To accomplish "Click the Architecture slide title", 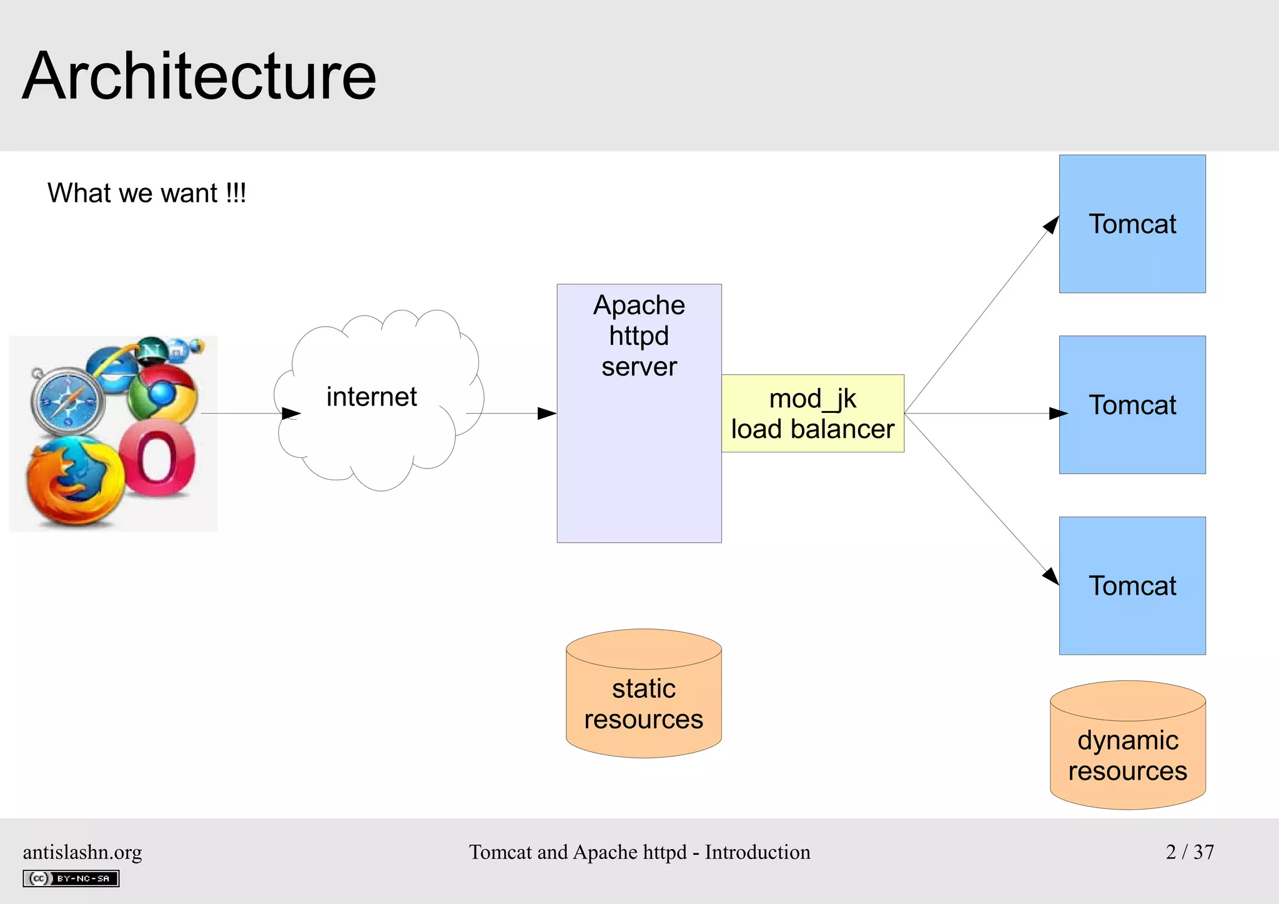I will coord(199,76).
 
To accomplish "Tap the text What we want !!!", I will coord(147,192).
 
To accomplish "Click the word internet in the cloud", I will coord(372,397).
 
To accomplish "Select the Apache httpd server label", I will coord(639,336).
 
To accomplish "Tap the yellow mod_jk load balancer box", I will coord(812,414).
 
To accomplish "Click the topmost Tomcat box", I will coord(1132,224).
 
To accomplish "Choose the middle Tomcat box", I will coord(1132,405).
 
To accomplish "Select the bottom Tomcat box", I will coord(1132,585).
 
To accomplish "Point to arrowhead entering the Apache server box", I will coord(547,413).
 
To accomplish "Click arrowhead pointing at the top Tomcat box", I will coord(1052,225).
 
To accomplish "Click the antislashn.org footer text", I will coord(82,852).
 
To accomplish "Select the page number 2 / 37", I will coord(1190,852).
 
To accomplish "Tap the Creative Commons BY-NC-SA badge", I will coord(71,878).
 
